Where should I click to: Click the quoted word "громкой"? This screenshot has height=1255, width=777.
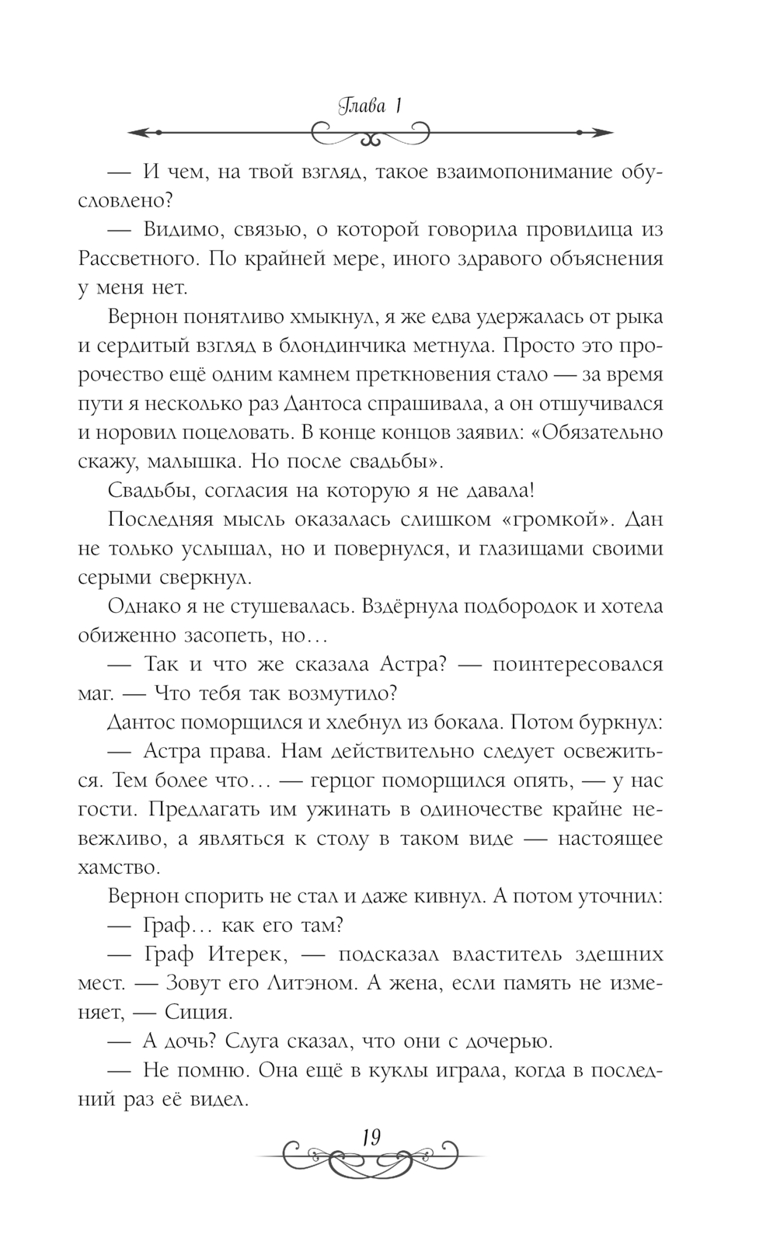pyautogui.click(x=553, y=519)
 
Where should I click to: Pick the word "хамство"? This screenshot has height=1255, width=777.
pyautogui.click(x=120, y=866)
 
